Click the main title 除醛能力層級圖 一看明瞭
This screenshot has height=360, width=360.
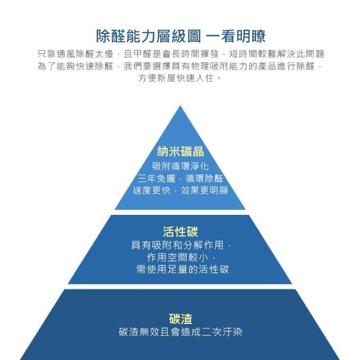(x=181, y=36)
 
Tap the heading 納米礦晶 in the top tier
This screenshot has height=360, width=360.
(x=181, y=151)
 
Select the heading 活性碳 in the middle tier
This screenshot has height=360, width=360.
(x=180, y=231)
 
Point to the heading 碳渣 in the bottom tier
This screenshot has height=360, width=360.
(x=181, y=318)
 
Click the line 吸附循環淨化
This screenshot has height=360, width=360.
(x=181, y=166)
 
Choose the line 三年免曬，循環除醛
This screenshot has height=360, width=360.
(x=181, y=178)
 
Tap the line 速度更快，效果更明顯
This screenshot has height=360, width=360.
(x=181, y=190)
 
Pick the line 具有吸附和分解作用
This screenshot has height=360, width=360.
(x=178, y=245)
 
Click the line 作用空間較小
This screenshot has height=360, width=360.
(x=178, y=257)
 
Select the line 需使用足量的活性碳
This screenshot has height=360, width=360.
(x=183, y=269)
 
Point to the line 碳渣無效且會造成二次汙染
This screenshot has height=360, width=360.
(x=181, y=332)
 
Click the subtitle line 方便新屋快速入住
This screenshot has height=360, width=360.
(x=176, y=78)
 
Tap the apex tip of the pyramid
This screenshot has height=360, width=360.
(x=180, y=106)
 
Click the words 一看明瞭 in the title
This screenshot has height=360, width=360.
(x=236, y=36)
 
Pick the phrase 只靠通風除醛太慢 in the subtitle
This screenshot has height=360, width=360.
(x=75, y=55)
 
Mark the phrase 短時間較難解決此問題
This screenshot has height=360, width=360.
(x=277, y=55)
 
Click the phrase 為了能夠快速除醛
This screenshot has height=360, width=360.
(x=75, y=66)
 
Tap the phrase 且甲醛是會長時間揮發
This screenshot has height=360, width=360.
(x=171, y=55)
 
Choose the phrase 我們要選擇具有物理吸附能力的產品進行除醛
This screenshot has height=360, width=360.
(x=219, y=66)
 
